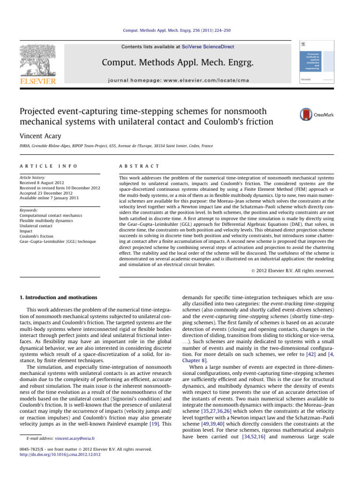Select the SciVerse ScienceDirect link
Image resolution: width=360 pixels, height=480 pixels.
pos(210,47)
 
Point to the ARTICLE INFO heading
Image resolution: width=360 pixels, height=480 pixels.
pos(43,166)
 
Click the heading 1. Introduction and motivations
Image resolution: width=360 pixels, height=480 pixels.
pos(59,297)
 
